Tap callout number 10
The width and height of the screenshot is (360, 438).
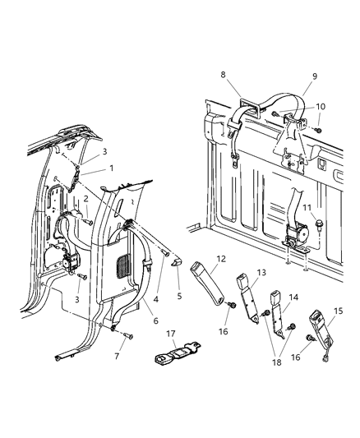[x=321, y=107]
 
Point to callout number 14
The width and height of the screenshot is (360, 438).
[x=294, y=297]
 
